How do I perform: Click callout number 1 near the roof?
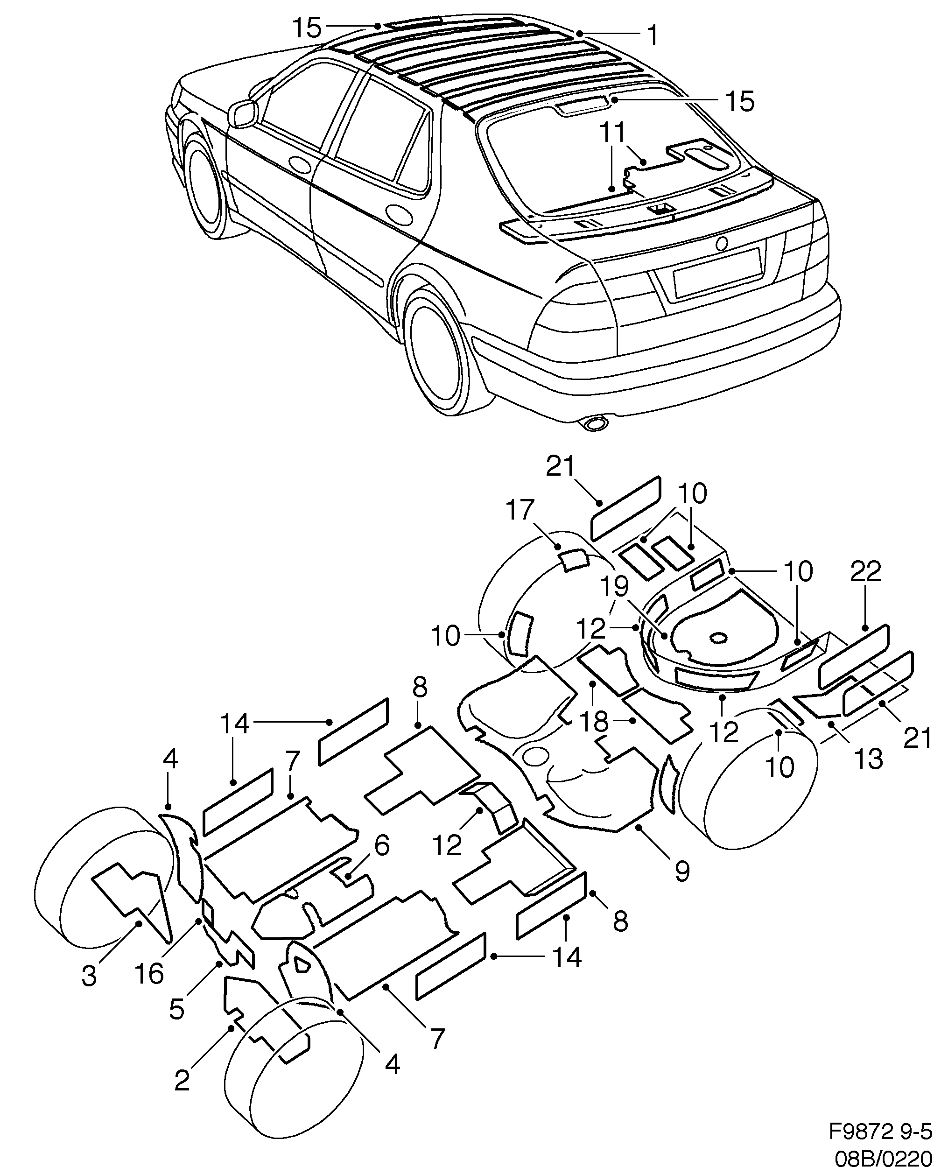(653, 35)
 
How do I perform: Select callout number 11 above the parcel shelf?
(612, 132)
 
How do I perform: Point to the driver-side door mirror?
(243, 113)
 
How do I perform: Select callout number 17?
(520, 511)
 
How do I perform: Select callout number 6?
(382, 845)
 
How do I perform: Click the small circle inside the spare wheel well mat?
(719, 639)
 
